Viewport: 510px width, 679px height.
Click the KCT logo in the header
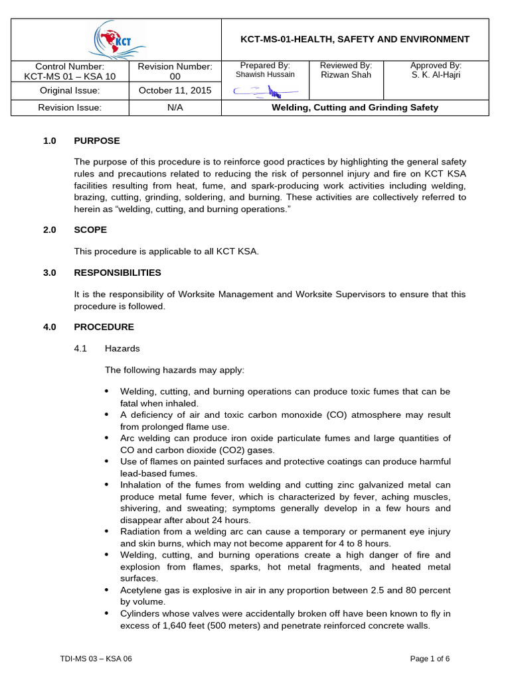coord(116,39)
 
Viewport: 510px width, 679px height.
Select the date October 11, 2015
coord(175,91)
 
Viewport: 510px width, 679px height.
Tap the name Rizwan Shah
coord(346,75)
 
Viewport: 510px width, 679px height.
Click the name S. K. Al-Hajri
coord(436,75)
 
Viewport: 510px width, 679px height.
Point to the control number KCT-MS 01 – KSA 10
coord(70,76)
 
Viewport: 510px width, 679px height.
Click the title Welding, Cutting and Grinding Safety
coord(355,107)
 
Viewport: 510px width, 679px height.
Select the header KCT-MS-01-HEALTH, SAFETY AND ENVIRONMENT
coord(355,39)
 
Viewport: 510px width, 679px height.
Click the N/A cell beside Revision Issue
coord(175,107)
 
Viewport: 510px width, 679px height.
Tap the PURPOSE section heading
coord(97,141)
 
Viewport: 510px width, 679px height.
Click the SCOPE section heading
coord(90,229)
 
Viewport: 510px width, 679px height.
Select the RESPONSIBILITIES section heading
coord(118,273)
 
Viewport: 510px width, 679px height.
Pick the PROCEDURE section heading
coord(104,327)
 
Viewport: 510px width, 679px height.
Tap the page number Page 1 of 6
coord(430,658)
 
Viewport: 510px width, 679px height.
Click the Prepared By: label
coord(265,66)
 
